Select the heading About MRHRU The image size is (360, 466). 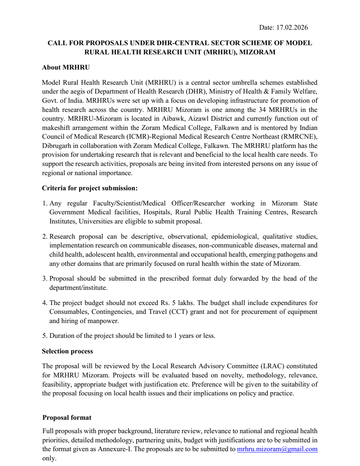point(66,67)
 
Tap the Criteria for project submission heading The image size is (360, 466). point(90,188)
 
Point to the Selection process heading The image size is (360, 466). point(67,351)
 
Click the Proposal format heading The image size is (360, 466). point(67,418)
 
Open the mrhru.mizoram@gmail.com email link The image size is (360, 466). point(277,449)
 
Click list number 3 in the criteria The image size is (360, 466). point(45,279)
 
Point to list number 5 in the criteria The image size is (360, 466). point(45,336)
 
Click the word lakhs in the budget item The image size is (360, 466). point(186,303)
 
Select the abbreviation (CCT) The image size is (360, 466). point(178,312)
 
